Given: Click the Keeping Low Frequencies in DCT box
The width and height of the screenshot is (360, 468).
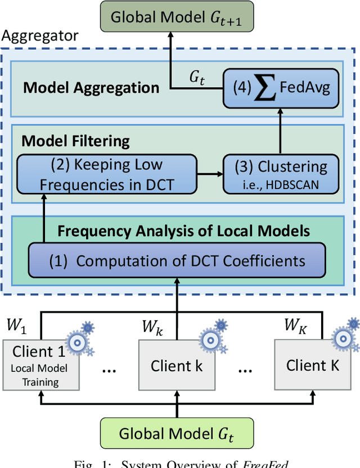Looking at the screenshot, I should [x=107, y=174].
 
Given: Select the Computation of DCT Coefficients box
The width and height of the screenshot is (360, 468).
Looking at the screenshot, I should [x=176, y=261].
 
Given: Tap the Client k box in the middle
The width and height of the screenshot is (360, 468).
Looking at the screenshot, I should [x=177, y=366].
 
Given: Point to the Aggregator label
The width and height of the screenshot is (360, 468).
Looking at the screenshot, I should [x=40, y=37].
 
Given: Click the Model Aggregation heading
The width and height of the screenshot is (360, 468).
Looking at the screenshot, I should [x=91, y=87].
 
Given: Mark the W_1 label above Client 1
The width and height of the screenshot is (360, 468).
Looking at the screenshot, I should [x=16, y=325].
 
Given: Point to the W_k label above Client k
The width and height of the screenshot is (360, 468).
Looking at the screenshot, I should [x=151, y=325].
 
